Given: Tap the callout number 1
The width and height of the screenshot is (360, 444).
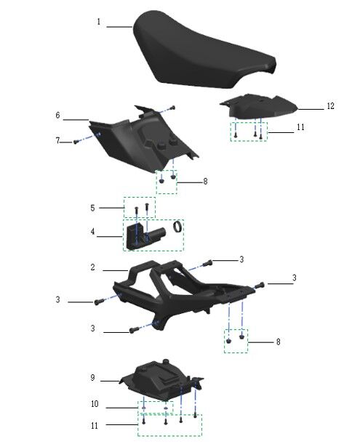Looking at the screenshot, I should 99,23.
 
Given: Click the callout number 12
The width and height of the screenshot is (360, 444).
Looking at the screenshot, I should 330,106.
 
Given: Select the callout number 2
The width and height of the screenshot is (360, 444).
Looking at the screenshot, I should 93,267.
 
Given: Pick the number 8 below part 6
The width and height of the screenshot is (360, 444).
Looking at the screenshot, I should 204,182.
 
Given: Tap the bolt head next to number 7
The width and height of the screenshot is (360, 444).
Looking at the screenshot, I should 76,141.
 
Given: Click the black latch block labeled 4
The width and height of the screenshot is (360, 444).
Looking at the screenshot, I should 138,236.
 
